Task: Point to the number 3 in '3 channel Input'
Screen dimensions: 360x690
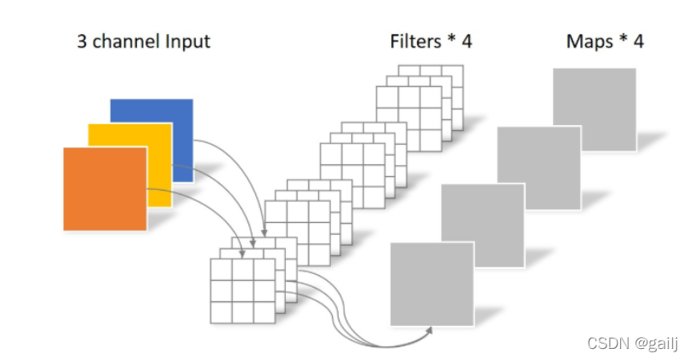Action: click(82, 41)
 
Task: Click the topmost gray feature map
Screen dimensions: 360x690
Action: click(594, 109)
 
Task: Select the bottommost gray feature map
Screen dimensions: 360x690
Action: click(431, 283)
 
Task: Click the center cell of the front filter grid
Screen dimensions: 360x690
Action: click(242, 291)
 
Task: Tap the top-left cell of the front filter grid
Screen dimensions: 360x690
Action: click(221, 270)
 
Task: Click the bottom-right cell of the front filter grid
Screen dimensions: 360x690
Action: click(264, 312)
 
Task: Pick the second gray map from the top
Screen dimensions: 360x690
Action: click(539, 167)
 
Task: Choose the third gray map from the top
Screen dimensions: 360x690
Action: click(482, 223)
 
